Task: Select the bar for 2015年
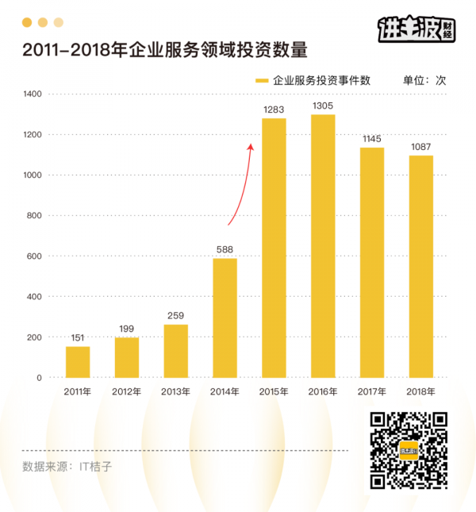(274, 248)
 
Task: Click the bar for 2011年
(78, 362)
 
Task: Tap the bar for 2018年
(421, 267)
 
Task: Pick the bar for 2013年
(176, 351)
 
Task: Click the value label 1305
(323, 106)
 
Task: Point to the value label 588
(225, 249)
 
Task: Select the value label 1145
(372, 139)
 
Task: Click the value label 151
(78, 337)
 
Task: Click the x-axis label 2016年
(323, 391)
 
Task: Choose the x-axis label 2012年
(127, 391)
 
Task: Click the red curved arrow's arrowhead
(251, 146)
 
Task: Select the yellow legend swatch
(261, 80)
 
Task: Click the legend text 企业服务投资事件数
(321, 80)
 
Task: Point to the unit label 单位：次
(425, 80)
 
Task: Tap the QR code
(409, 451)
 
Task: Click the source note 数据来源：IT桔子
(67, 466)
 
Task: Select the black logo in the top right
(416, 29)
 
